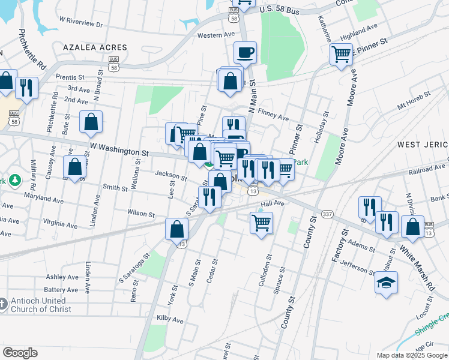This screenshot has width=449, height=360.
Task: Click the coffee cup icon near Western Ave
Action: (x=245, y=53)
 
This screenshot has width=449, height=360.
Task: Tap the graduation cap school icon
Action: (x=386, y=282)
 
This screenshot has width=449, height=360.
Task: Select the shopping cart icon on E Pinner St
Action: (x=341, y=55)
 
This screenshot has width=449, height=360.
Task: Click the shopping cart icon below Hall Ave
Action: (x=261, y=223)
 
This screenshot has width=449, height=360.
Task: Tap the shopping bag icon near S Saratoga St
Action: (x=178, y=229)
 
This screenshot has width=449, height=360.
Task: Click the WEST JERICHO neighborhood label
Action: (x=423, y=145)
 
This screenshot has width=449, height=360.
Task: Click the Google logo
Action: (x=20, y=352)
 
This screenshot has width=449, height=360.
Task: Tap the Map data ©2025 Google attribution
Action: (x=412, y=355)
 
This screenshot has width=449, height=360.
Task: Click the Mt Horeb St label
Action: (x=414, y=100)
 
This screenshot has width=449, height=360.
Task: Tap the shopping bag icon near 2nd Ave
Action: (x=91, y=122)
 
